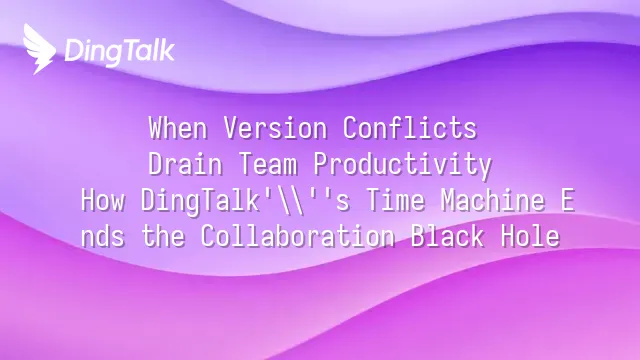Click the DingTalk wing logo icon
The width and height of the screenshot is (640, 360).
pos(40,49)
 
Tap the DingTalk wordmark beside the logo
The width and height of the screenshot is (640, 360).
pos(120,52)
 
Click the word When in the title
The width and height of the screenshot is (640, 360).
pos(178,128)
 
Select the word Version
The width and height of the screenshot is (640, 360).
pos(275,128)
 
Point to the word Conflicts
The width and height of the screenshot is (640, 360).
pos(410,128)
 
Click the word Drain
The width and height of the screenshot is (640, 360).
pos(185,164)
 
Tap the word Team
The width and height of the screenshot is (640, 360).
pos(268,164)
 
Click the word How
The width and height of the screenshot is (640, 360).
pos(103,200)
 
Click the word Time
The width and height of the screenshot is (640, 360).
pos(395,200)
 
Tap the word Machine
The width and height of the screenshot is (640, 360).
pos(493,200)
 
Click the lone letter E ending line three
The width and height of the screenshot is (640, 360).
pos(568,200)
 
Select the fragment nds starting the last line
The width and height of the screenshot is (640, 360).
pos(103,237)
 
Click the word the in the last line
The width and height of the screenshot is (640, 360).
pos(163,236)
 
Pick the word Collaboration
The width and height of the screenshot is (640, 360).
pos(298,236)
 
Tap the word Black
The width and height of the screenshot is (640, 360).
pos(447,236)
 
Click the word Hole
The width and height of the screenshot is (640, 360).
pos(530,236)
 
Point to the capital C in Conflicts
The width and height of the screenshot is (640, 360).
pos(350,128)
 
